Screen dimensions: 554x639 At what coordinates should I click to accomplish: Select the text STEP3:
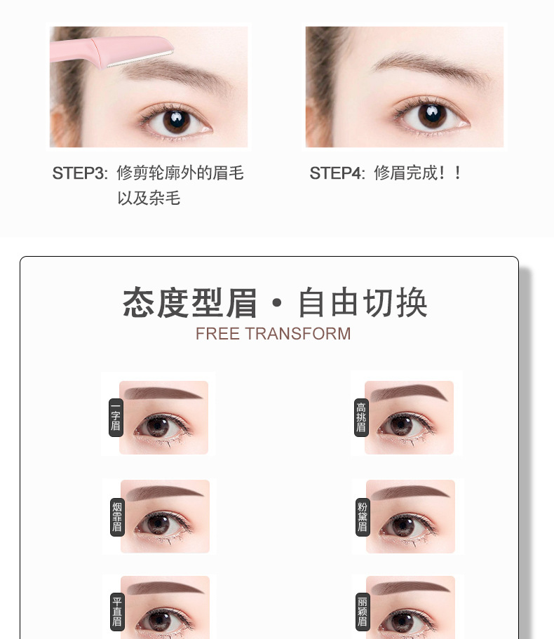pos(80,173)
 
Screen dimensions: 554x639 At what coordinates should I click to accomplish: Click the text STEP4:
pos(337,173)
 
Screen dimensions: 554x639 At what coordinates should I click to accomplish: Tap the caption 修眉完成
pos(405,173)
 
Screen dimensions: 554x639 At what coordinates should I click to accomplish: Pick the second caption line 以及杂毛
pos(149,198)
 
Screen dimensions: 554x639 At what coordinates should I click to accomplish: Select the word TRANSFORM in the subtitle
pos(298,334)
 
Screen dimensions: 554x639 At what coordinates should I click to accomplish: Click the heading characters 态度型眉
pos(190,302)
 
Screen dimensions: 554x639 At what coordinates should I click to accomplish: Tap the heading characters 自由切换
pos(363,302)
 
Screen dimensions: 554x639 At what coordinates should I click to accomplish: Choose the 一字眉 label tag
pos(116,417)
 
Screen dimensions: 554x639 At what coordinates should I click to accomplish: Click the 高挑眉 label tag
pos(361,417)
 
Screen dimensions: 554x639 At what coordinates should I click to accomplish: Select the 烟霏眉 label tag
pos(117,517)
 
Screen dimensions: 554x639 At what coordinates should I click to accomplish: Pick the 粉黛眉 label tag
pos(363,517)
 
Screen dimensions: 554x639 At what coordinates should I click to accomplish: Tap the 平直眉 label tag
pos(117,612)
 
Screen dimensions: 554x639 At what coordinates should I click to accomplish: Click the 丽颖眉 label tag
pos(363,612)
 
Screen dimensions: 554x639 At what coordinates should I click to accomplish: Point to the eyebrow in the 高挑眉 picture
pos(409,393)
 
